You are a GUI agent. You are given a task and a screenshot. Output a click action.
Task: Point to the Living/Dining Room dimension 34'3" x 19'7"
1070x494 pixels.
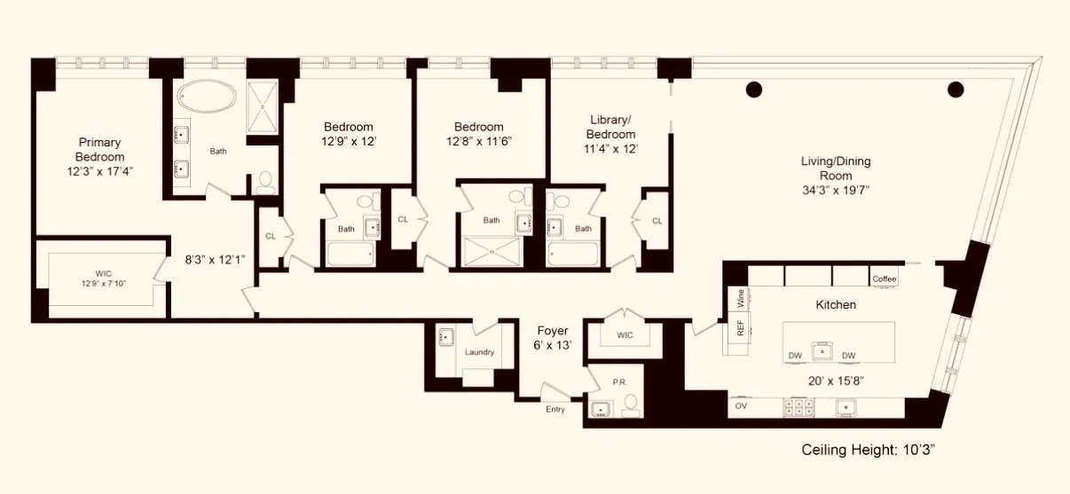[836, 190]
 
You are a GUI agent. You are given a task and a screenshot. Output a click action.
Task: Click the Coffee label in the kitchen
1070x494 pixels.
[885, 278]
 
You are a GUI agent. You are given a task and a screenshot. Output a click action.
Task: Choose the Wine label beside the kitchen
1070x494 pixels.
[740, 298]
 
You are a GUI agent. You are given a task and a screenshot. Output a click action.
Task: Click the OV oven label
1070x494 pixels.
[742, 407]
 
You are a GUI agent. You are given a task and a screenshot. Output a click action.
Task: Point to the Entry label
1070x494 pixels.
[555, 409]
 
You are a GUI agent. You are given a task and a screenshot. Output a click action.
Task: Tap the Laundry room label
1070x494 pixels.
[479, 352]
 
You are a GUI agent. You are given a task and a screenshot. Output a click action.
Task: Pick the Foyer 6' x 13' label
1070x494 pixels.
[552, 338]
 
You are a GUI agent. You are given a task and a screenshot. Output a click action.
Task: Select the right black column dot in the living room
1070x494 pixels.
[956, 88]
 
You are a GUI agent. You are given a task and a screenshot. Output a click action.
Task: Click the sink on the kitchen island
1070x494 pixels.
[823, 349]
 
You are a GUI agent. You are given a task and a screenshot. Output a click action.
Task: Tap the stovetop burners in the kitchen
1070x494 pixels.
[800, 407]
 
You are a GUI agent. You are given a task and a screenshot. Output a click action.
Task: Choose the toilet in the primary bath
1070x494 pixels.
[264, 182]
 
